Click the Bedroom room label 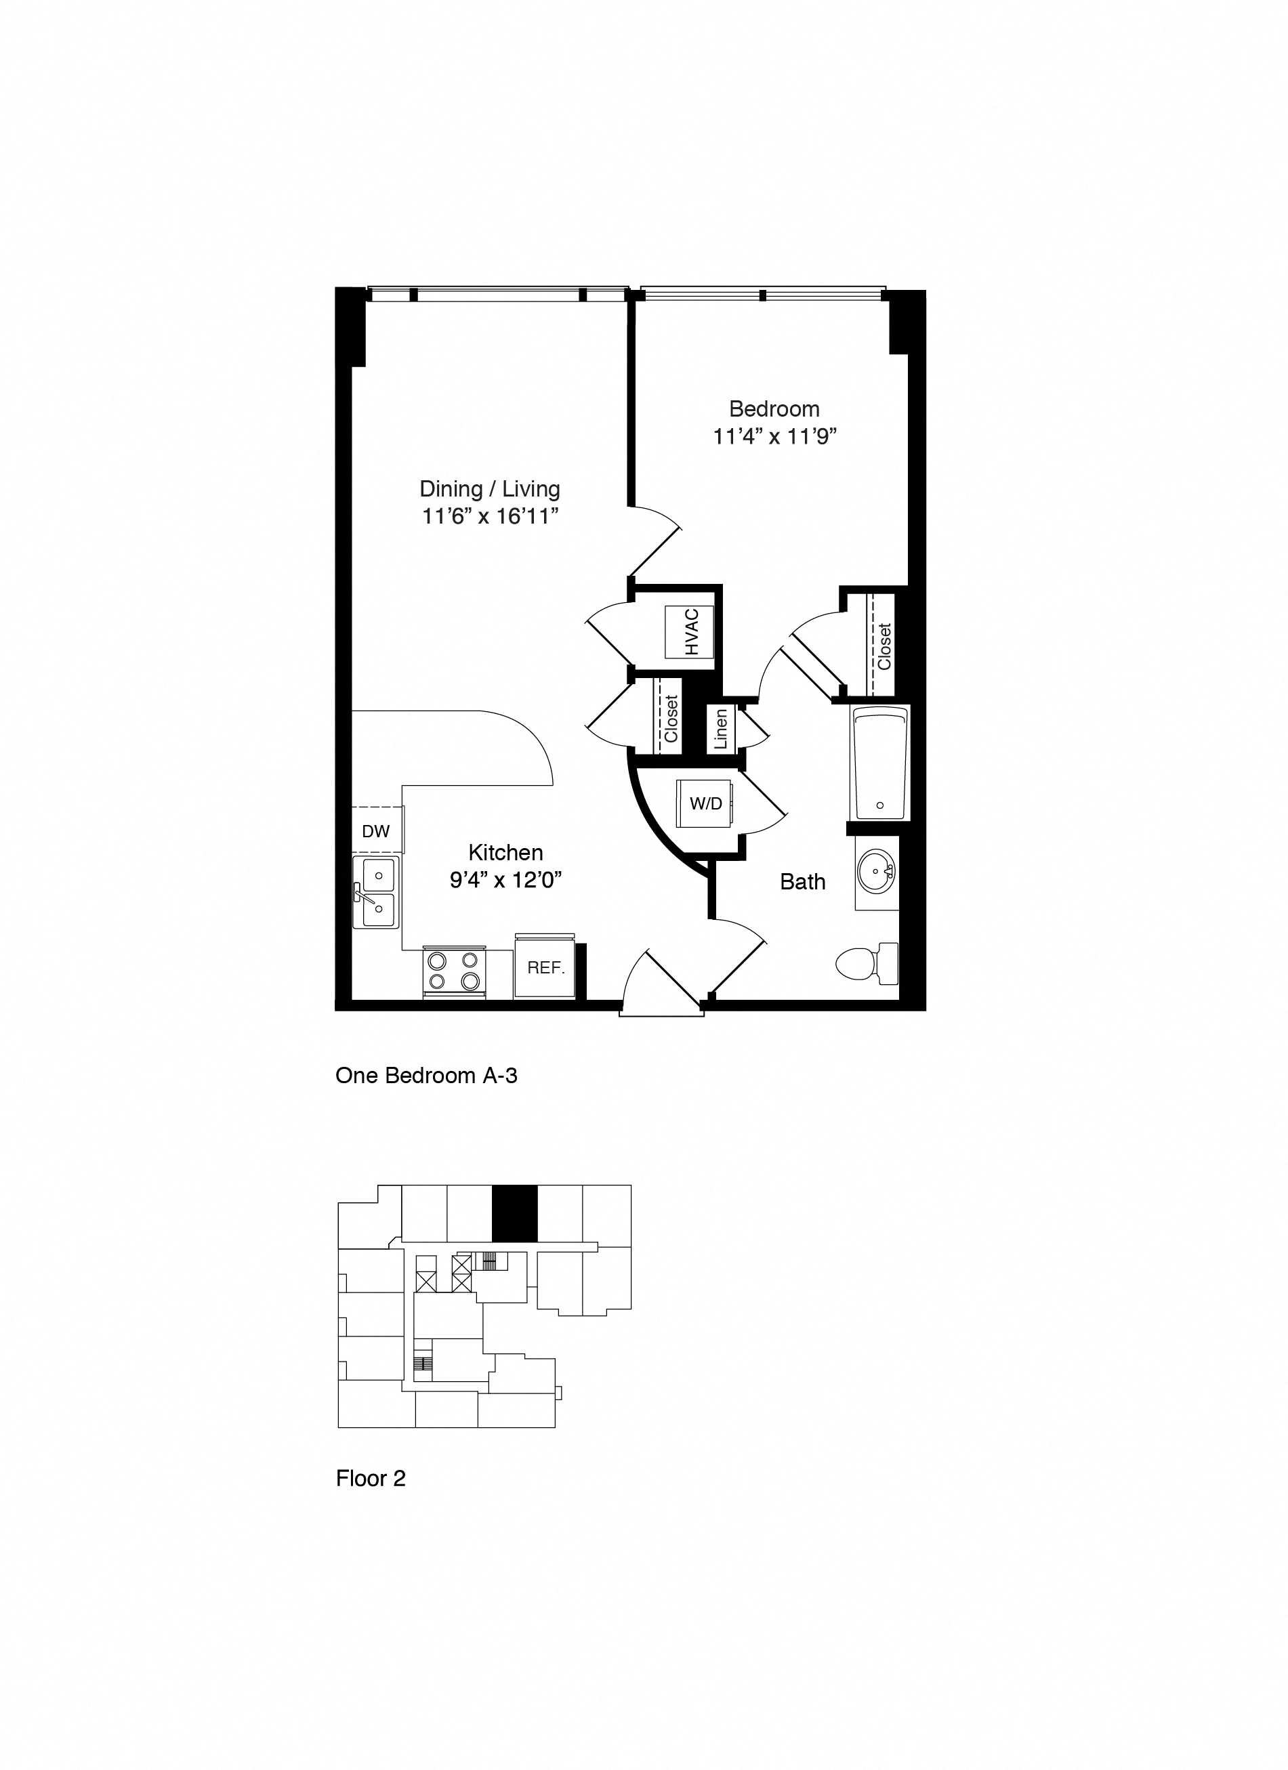pos(774,409)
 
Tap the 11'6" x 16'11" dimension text pos(491,517)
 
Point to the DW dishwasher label pos(375,831)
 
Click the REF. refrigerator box pos(545,968)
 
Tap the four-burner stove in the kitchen pos(453,971)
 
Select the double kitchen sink pos(376,892)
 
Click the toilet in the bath pos(867,964)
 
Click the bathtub pos(879,761)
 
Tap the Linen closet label pos(720,728)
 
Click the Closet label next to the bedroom pos(884,646)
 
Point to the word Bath pos(802,882)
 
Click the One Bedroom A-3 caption pos(426,1076)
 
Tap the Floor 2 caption pos(371,1479)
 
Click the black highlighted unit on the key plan pos(514,1214)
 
